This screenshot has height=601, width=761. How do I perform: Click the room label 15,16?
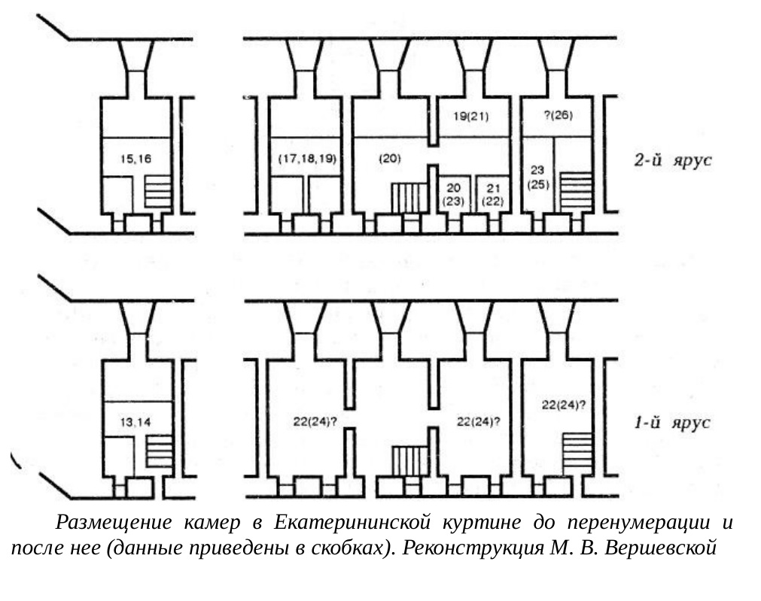[x=136, y=159]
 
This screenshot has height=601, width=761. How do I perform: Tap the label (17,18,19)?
[x=307, y=159]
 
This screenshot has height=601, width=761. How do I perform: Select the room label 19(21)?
[x=470, y=117]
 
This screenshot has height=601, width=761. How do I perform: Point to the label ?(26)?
[x=558, y=115]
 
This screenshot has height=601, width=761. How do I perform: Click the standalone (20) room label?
[x=390, y=158]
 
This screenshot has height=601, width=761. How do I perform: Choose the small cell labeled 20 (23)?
[x=455, y=195]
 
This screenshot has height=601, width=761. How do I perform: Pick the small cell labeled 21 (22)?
[x=492, y=195]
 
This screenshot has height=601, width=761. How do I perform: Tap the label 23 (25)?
[x=537, y=177]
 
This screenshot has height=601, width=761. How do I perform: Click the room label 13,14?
[x=135, y=423]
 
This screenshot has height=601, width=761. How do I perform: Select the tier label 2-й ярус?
[x=673, y=160]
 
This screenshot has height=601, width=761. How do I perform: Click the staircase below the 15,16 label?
[x=158, y=192]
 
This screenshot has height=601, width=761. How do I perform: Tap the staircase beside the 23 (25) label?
[x=577, y=192]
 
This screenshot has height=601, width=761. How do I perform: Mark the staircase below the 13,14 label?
[x=160, y=452]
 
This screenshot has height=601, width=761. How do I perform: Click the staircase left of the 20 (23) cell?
[x=409, y=198]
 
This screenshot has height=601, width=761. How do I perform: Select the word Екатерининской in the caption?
[x=352, y=523]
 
